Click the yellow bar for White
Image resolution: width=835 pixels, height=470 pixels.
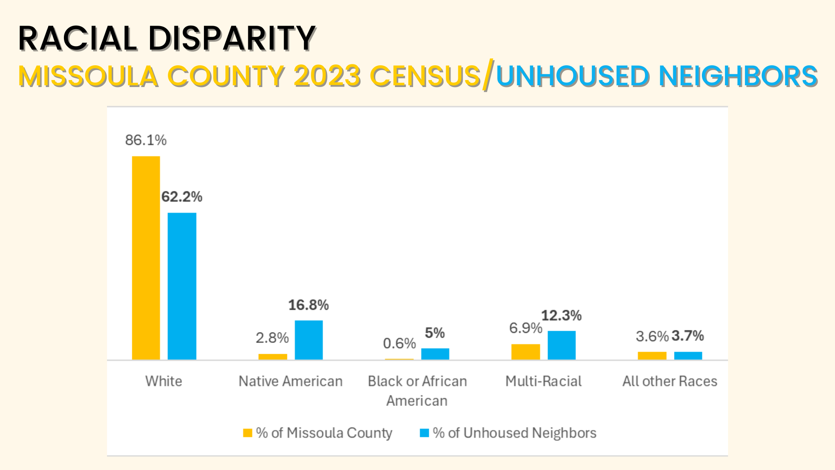point(146,258)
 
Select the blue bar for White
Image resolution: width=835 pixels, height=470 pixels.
point(182,286)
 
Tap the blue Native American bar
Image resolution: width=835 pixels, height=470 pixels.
point(309,340)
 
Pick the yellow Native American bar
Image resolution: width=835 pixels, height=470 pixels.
point(273,356)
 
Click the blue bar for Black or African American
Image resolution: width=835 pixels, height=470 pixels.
point(435,354)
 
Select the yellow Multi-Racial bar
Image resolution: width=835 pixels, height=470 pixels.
point(525,352)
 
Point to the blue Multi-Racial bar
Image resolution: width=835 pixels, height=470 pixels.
point(561,345)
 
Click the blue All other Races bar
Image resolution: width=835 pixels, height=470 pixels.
point(688,356)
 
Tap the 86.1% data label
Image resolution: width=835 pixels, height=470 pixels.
point(146,140)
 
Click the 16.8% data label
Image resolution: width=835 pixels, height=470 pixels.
point(308,305)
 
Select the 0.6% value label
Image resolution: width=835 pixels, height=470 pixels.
point(399,343)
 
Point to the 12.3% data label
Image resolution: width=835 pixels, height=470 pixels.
point(561,316)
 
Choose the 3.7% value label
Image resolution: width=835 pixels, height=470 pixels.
point(688,336)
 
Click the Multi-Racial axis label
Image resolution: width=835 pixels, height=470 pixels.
point(543,381)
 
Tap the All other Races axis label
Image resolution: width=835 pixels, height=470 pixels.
point(670,381)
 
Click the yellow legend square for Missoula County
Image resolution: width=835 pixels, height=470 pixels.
point(247,433)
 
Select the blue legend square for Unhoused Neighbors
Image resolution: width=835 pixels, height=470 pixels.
point(424,433)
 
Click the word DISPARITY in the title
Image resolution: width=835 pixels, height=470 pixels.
point(232,38)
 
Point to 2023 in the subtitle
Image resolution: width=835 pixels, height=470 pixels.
point(327,76)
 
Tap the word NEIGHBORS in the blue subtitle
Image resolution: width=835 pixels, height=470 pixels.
point(738,76)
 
